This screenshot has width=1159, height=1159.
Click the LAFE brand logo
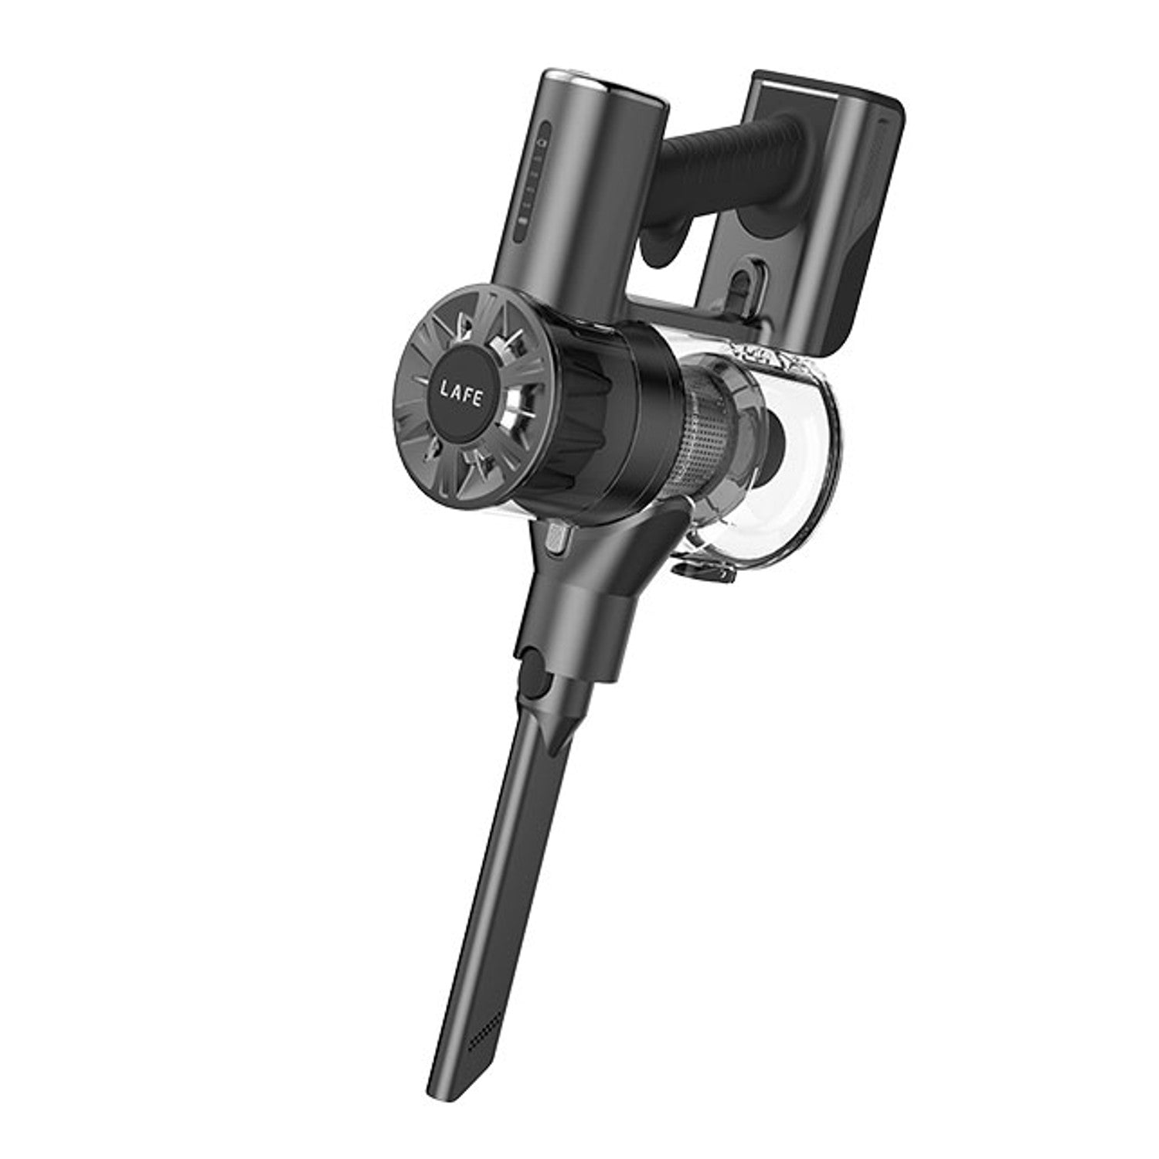pos(461,396)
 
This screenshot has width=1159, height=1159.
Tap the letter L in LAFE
pos(444,389)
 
